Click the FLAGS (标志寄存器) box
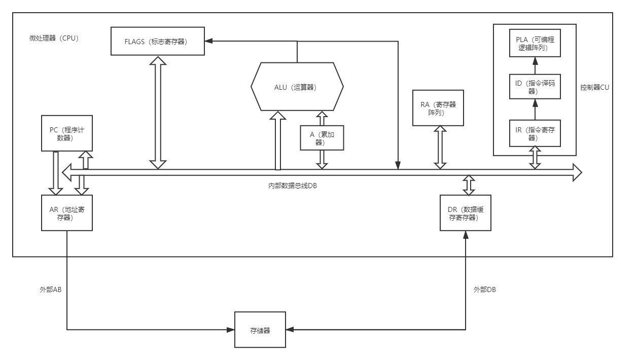pyautogui.click(x=158, y=41)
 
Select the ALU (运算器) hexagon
pyautogui.click(x=297, y=87)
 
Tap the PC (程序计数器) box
pyautogui.click(x=67, y=133)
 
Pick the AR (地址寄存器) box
pyautogui.click(x=67, y=212)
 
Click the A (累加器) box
pyautogui.click(x=322, y=137)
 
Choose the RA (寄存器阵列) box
pyautogui.click(x=438, y=107)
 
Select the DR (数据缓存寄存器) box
pyautogui.click(x=466, y=212)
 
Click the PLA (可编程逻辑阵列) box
pyautogui.click(x=535, y=43)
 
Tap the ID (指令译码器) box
pyautogui.click(x=535, y=87)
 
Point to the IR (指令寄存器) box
pyautogui.click(x=535, y=133)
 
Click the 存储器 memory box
pyautogui.click(x=260, y=330)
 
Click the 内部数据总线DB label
pyautogui.click(x=293, y=186)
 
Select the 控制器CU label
pyautogui.click(x=595, y=87)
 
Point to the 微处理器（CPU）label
pyautogui.click(x=54, y=38)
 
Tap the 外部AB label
pyautogui.click(x=51, y=290)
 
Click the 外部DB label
pyautogui.click(x=484, y=290)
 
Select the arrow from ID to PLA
pyautogui.click(x=535, y=65)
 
